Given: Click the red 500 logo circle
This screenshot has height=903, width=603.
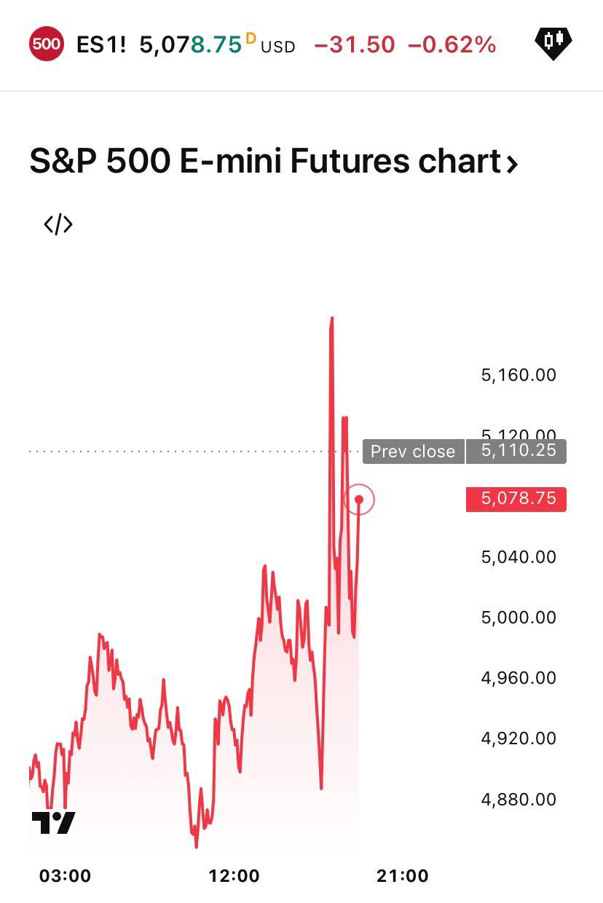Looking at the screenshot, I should tap(46, 44).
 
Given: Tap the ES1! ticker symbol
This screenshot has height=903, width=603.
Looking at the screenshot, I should tap(101, 45).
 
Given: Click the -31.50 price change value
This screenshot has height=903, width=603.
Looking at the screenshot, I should tap(355, 45).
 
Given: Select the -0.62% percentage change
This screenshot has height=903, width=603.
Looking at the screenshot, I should tap(452, 45).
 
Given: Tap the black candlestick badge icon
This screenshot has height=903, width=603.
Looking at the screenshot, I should tap(553, 42).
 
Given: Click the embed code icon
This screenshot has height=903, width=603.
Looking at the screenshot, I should tap(58, 224).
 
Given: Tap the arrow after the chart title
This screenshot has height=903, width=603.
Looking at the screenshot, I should tap(512, 163).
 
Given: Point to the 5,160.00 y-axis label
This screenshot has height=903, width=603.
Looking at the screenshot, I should tap(519, 375).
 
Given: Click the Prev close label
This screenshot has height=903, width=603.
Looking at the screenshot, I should tap(413, 451).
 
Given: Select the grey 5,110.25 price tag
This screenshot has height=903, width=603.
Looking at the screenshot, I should tap(518, 451).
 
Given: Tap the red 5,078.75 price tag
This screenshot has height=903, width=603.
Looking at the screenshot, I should tap(518, 499).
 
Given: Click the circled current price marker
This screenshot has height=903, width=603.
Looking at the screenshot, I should tap(359, 500).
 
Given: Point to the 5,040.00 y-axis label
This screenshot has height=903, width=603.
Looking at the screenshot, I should tap(519, 557).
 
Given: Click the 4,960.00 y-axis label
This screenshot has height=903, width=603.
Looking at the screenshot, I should tap(519, 678).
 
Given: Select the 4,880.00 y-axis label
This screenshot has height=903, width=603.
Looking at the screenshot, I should tap(519, 800).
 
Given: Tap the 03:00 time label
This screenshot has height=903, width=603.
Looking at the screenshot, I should tap(65, 876).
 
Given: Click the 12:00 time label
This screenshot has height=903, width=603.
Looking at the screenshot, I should tap(234, 876).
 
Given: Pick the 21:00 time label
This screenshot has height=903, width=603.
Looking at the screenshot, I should tap(403, 876).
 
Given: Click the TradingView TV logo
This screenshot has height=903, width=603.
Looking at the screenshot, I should tap(53, 823).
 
